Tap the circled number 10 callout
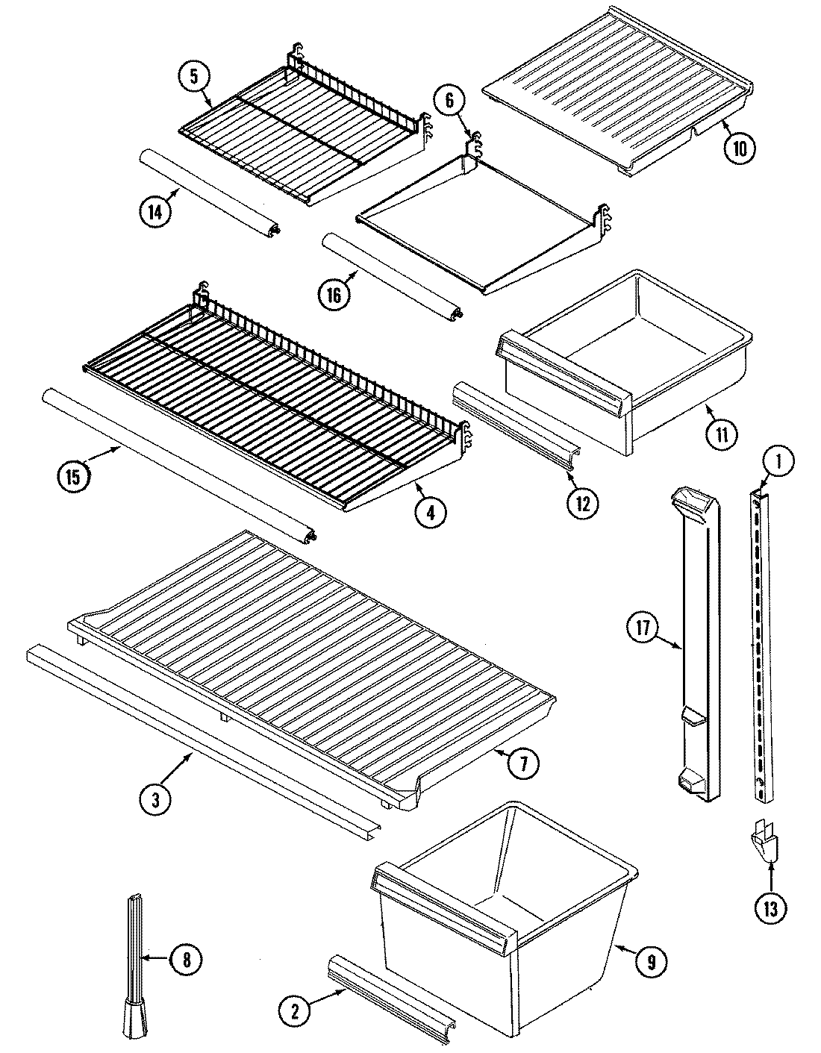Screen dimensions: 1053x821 click(739, 146)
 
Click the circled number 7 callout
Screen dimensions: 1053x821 click(523, 763)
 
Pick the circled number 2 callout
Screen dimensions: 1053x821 click(296, 1011)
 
